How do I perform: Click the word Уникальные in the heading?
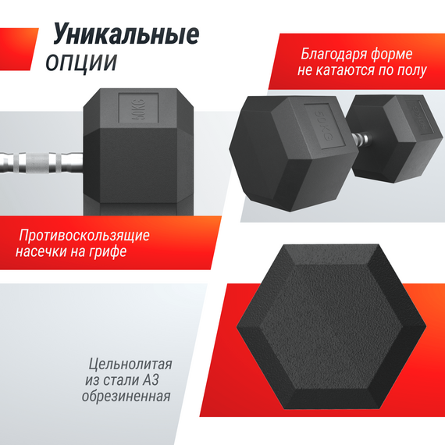point(126,34)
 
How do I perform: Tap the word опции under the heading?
point(81,62)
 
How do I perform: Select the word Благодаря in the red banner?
point(333,54)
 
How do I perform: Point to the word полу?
point(411,70)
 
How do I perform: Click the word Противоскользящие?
point(84,236)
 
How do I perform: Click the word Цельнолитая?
point(130,364)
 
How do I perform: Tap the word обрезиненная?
point(126,396)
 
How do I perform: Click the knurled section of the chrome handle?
point(37,163)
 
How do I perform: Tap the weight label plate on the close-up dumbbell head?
point(138,109)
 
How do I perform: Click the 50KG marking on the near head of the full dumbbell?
point(323,125)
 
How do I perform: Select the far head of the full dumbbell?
point(394,138)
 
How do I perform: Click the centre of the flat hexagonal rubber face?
point(331,326)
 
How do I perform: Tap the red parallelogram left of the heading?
point(18,49)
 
